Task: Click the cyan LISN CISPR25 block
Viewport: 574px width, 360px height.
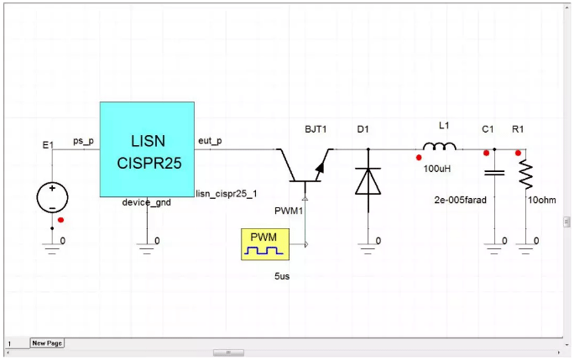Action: [x=147, y=150]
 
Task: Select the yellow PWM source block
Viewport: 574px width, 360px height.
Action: [x=264, y=244]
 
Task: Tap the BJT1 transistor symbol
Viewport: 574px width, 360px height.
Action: [x=305, y=164]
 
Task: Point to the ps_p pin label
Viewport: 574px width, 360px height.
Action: [x=84, y=140]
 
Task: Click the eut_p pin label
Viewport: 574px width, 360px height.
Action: [x=209, y=140]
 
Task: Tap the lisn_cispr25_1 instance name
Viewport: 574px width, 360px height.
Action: [x=222, y=193]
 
